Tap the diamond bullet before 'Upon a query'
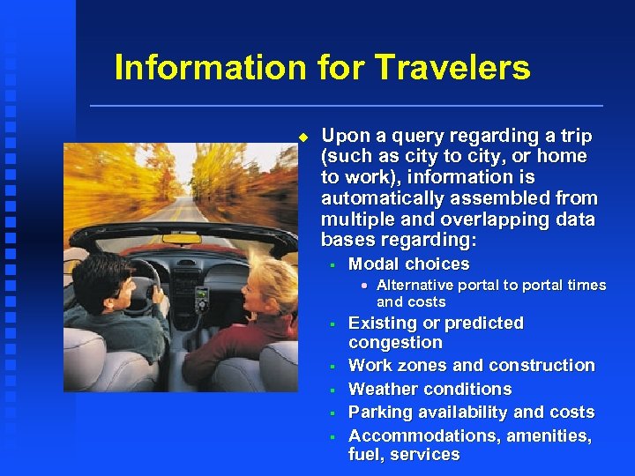point(303,137)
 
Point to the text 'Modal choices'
point(408,264)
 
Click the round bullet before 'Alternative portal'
point(365,286)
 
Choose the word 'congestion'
point(395,343)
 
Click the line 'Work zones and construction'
point(471,365)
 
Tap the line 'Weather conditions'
point(430,389)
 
